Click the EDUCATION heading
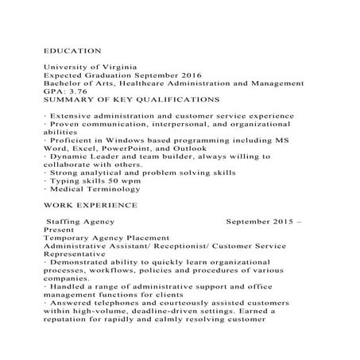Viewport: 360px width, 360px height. tap(72, 49)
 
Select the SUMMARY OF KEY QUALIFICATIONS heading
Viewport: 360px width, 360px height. tap(131, 101)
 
